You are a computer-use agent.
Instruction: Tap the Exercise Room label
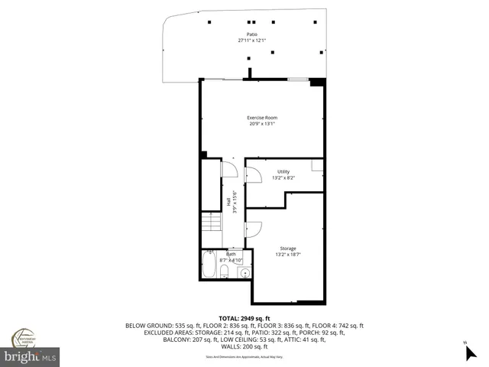[261, 117]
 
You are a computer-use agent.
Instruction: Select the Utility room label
[283, 172]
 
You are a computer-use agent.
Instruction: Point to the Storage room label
[287, 248]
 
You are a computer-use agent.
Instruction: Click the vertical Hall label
[228, 202]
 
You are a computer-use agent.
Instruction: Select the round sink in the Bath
[245, 272]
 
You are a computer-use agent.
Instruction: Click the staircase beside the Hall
[210, 223]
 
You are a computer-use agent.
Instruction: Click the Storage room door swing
[253, 229]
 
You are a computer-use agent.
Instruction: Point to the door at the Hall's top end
[228, 169]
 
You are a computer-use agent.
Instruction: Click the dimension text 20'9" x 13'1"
[261, 124]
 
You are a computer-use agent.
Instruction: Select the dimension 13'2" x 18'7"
[287, 255]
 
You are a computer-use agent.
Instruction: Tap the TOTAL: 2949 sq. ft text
[244, 317]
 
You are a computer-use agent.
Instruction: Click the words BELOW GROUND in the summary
[145, 326]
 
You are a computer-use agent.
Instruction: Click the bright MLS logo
[31, 357]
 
